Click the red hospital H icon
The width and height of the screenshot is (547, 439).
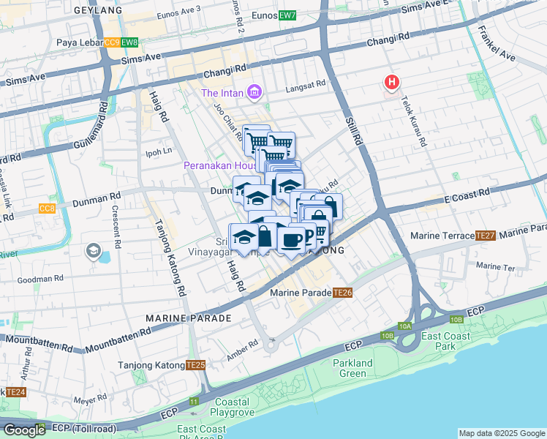392,83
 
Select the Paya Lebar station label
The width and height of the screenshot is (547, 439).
79,43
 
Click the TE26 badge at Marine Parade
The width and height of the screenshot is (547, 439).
343,293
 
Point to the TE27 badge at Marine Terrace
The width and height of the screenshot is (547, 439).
485,236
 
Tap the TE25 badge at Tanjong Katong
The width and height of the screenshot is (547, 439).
195,365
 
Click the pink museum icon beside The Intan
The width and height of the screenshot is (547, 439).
254,92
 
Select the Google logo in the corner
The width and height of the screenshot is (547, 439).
24,429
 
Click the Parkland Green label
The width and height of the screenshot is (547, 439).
353,368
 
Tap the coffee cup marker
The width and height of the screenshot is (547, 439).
292,239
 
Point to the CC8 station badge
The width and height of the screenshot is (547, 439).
47,209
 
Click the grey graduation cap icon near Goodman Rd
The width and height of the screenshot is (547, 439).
93,252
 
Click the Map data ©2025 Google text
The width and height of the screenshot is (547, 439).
502,433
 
